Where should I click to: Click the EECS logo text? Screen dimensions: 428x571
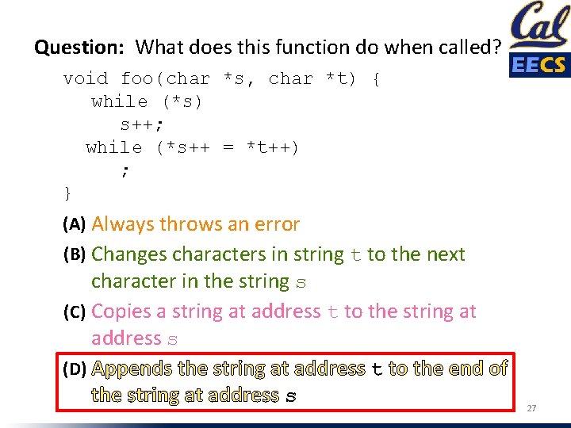539,65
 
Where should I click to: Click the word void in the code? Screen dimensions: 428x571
85,79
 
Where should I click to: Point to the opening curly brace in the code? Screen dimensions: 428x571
375,79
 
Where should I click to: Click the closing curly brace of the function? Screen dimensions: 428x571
67,193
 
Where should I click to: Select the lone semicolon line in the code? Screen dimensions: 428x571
125,170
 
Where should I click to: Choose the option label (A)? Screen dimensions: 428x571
75,225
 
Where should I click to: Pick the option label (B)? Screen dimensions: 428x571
75,255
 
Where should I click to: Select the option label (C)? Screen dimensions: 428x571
75,312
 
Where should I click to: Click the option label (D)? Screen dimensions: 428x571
75,369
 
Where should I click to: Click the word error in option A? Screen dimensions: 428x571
274,224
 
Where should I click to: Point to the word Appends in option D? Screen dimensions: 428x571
132,369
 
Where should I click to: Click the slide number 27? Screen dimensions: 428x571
532,408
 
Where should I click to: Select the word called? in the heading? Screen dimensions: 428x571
466,48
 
